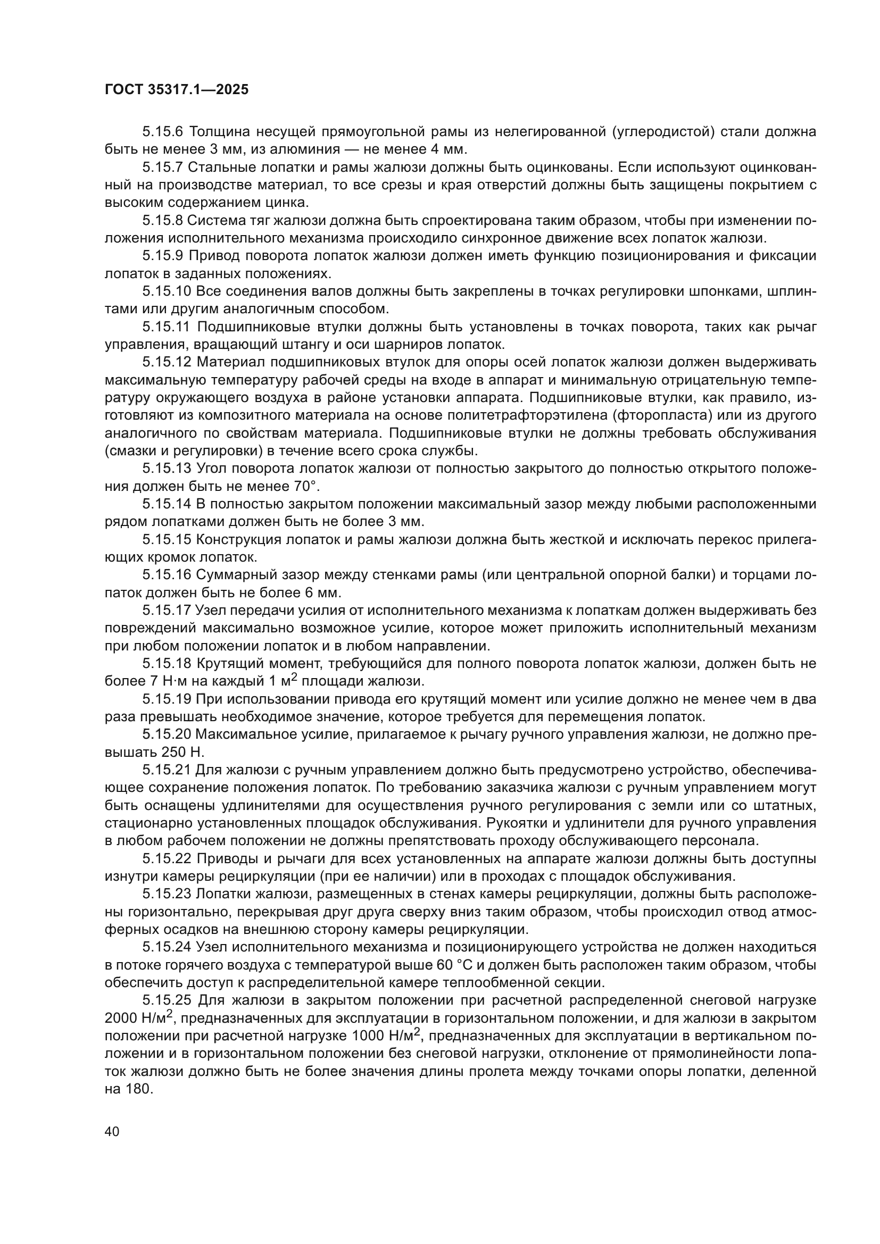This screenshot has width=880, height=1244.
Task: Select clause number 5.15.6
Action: coord(163,132)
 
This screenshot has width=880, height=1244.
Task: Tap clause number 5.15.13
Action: coord(167,468)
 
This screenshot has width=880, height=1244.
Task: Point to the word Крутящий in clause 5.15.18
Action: coord(227,663)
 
